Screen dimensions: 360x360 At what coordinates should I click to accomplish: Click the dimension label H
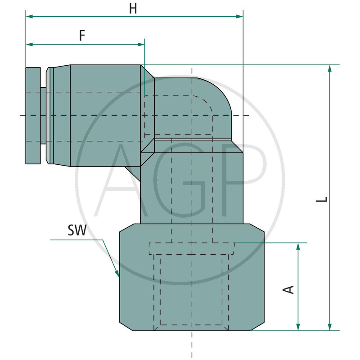133,9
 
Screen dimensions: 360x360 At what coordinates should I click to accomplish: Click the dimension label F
82,36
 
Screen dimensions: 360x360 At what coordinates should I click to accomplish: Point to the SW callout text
77,231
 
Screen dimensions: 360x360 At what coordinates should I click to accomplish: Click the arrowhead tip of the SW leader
118,275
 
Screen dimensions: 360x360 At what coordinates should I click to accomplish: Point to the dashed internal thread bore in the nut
192,288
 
